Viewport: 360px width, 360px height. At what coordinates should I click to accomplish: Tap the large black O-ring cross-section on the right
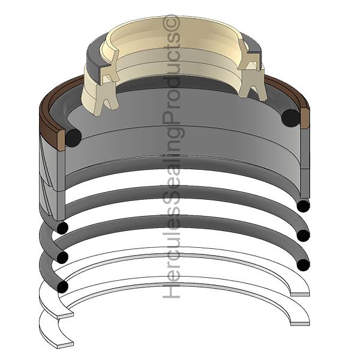(x=290, y=118)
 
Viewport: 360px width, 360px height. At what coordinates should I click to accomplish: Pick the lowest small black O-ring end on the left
(x=62, y=287)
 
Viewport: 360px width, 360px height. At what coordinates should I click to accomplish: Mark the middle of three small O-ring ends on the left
(x=61, y=257)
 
